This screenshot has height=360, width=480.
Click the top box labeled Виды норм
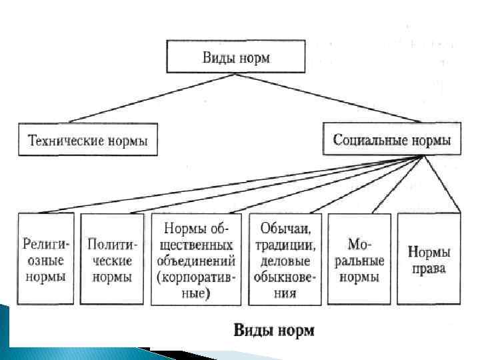click(x=237, y=57)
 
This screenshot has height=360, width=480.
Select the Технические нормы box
click(x=88, y=140)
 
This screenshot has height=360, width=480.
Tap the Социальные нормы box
click(x=391, y=140)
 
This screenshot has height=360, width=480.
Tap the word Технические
click(x=61, y=141)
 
